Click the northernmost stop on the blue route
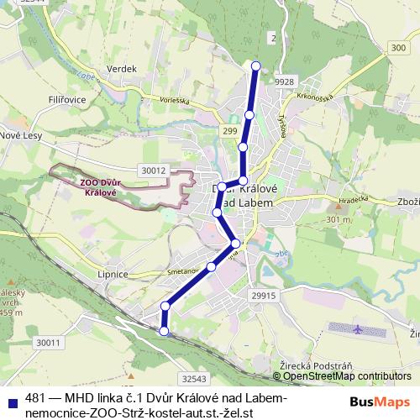256,66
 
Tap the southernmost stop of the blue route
164,332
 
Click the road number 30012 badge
154,171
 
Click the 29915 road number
263,297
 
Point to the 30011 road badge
49,342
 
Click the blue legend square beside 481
11,398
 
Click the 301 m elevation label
339,219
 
